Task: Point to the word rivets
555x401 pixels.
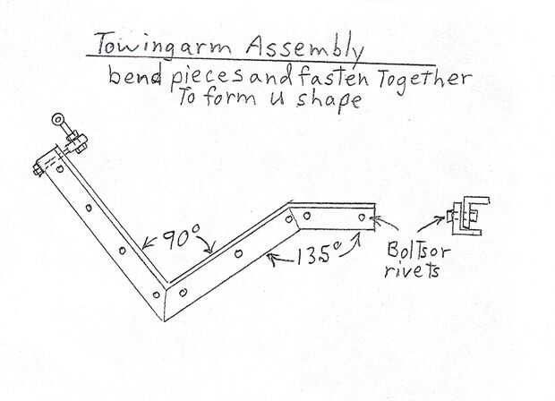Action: pyautogui.click(x=413, y=267)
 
